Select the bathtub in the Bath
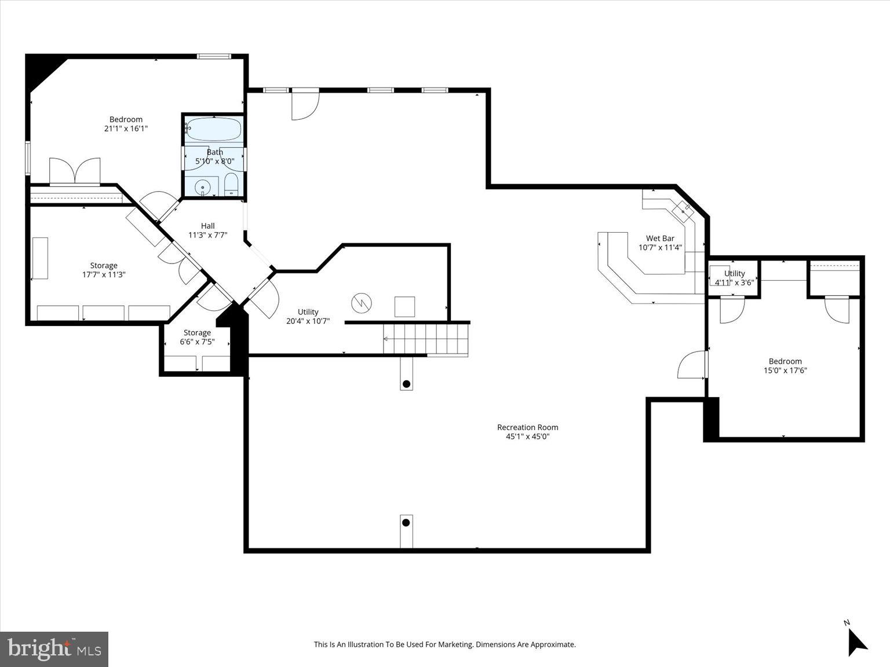click(214, 130)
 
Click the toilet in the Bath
click(231, 184)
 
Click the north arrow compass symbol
click(856, 640)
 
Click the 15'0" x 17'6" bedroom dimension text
click(785, 371)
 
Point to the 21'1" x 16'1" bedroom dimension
click(126, 129)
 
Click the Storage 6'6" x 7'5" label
click(197, 337)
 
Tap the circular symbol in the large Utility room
click(361, 303)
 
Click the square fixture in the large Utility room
click(404, 306)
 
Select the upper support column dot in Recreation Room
click(406, 384)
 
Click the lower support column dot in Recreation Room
click(406, 523)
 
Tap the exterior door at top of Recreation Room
click(305, 104)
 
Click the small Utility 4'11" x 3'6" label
click(734, 278)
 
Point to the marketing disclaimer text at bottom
click(444, 644)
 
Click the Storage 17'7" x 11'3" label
click(104, 270)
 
